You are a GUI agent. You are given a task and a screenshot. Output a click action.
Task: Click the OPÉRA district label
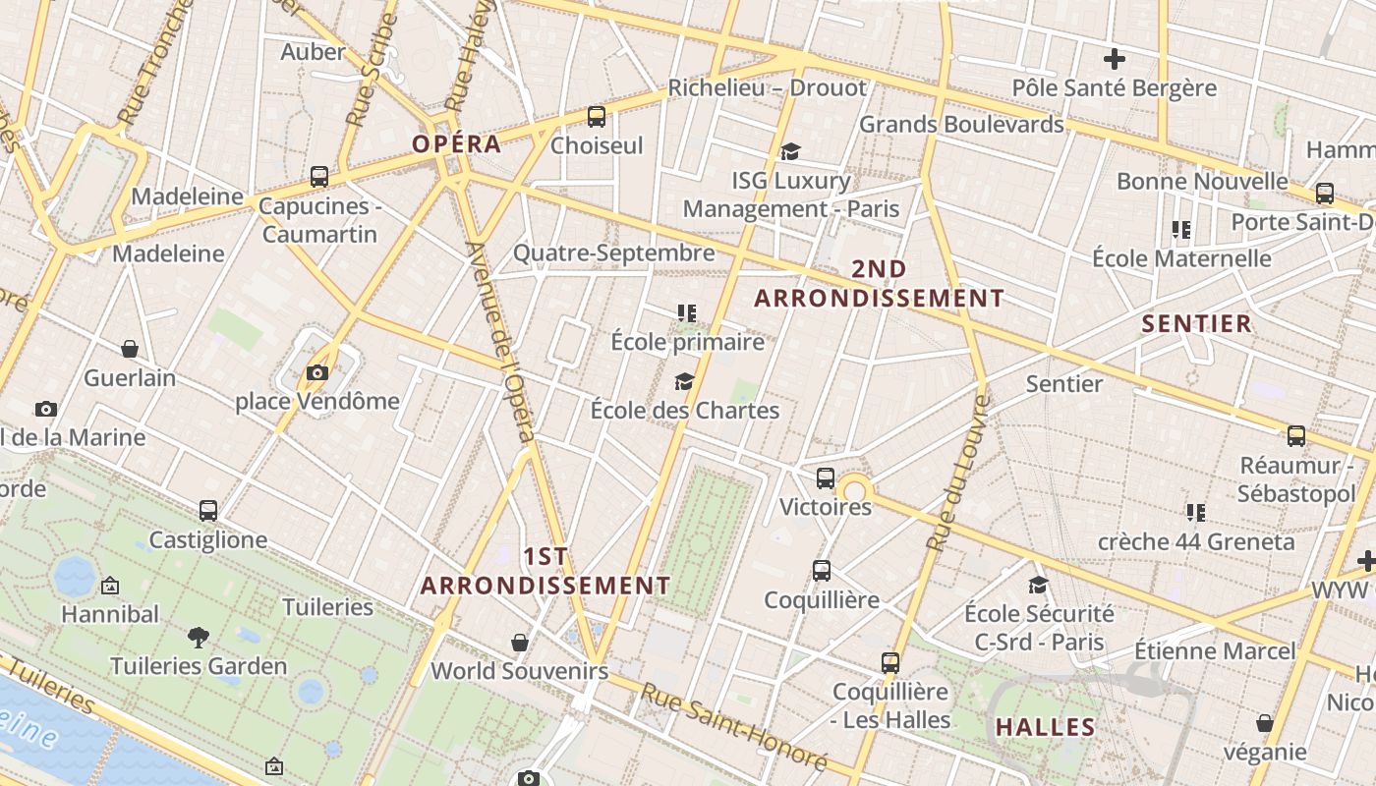456,143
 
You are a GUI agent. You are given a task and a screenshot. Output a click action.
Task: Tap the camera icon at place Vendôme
316,372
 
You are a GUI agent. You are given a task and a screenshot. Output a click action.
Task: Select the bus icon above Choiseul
596,117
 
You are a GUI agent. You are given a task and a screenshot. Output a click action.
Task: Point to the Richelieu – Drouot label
768,87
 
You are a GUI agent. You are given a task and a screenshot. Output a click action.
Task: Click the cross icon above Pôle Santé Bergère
1114,59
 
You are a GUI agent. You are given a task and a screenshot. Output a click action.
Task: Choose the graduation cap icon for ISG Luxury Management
790,151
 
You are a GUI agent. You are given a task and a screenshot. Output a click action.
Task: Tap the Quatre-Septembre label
613,253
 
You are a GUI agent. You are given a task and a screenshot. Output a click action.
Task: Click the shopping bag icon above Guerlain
129,349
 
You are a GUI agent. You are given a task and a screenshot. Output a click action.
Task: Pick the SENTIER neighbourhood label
1196,323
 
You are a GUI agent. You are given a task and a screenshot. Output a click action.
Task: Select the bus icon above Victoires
826,478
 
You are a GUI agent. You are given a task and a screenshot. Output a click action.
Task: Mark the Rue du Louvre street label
957,473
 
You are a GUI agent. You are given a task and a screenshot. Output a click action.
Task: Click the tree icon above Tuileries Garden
199,637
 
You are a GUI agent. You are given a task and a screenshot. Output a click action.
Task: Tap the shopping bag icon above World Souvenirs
520,643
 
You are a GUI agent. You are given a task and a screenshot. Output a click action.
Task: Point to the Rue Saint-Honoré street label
734,726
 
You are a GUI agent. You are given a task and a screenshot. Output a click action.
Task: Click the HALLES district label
1045,727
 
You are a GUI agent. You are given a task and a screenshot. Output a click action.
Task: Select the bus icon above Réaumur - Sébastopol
1296,436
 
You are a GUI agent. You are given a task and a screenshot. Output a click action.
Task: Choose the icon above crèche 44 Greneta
1195,512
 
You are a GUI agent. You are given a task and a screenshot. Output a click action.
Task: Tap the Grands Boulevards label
961,124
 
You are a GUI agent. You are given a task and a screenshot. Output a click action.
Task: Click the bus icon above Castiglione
208,511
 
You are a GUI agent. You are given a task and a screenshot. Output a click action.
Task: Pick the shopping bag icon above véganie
1265,723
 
